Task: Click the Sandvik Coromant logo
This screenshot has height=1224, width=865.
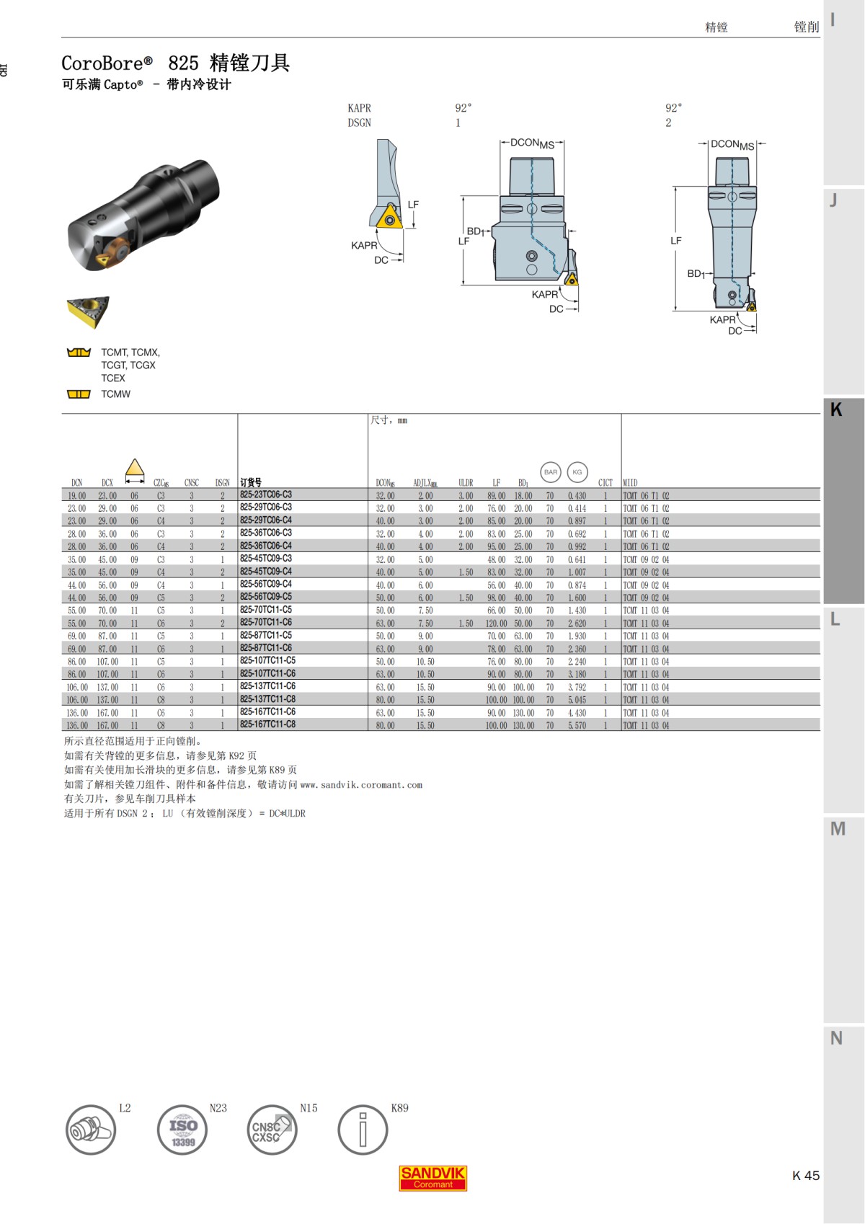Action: [x=432, y=1178]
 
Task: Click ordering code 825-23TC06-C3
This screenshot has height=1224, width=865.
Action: [x=266, y=495]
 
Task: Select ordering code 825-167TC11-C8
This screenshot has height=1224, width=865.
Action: [x=267, y=724]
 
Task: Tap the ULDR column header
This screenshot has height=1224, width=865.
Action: [x=466, y=483]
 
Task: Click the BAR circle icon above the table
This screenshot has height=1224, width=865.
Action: [x=551, y=472]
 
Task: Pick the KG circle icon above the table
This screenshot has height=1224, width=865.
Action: [x=577, y=472]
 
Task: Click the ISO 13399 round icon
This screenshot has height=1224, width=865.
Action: [x=182, y=1130]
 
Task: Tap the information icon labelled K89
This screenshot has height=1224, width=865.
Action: [x=363, y=1130]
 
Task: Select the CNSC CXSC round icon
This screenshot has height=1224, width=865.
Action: [x=271, y=1130]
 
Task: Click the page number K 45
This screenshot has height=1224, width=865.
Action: [x=805, y=1176]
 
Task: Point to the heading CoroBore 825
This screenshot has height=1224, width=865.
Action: [x=175, y=63]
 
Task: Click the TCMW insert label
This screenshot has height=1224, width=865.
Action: [x=115, y=394]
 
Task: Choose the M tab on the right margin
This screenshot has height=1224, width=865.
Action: [x=837, y=829]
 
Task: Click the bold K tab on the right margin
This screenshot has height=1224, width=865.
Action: [x=836, y=409]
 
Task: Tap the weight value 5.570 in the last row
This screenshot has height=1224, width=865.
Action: [x=577, y=725]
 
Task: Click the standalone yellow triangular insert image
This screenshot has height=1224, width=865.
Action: [x=88, y=312]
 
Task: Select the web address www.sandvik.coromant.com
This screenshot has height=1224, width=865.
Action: [x=361, y=785]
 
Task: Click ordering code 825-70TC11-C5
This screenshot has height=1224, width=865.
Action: [x=266, y=610]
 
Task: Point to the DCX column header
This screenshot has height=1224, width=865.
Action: [x=107, y=483]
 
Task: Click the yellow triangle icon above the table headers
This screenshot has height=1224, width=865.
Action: [x=135, y=469]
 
